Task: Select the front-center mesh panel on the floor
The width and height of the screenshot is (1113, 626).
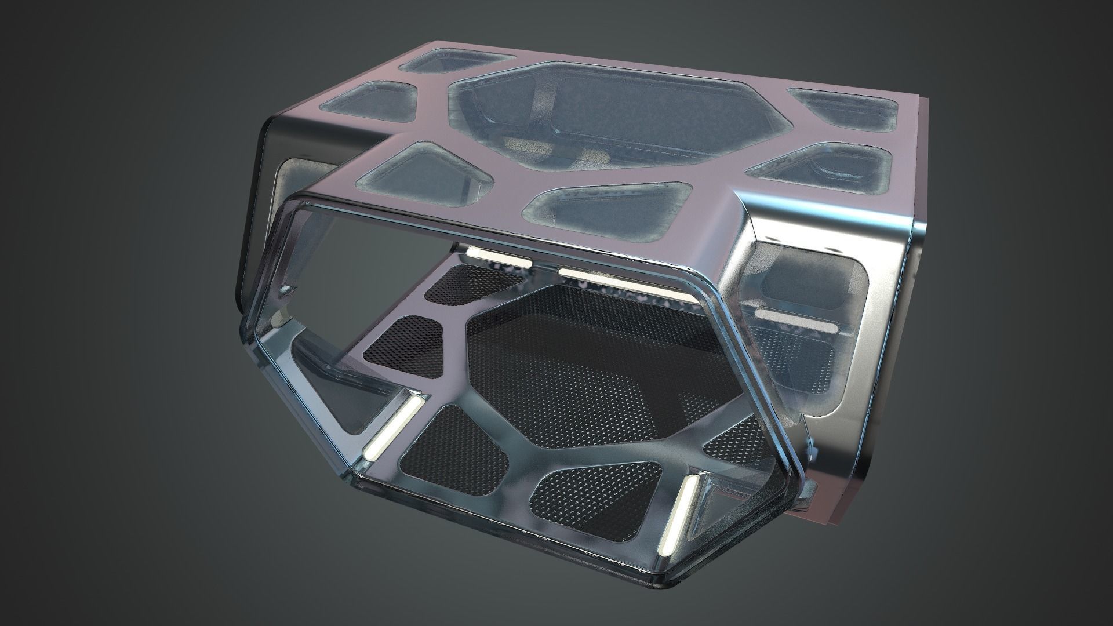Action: [x=597, y=487]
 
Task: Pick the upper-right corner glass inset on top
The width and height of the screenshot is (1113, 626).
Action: [x=835, y=104]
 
